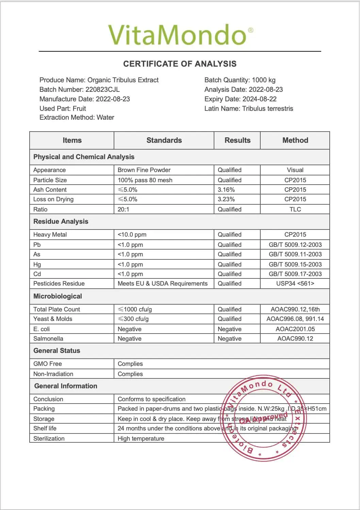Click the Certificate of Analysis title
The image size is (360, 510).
tap(180, 64)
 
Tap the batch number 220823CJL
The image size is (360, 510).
tap(102, 90)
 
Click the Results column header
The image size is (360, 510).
tap(237, 140)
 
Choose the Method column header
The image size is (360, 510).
tap(295, 140)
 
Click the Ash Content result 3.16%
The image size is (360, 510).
tap(226, 190)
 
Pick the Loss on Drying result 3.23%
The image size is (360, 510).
tap(226, 199)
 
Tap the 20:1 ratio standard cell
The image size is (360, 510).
tap(124, 209)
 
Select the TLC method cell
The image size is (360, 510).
tap(295, 209)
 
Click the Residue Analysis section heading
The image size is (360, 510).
tap(61, 222)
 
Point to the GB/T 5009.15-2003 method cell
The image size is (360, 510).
tap(295, 265)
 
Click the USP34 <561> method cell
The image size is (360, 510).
tap(295, 284)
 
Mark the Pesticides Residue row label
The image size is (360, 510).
tap(59, 284)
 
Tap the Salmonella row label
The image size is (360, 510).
tap(48, 339)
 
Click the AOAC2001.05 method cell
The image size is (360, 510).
tap(295, 329)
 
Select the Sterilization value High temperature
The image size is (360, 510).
tap(141, 439)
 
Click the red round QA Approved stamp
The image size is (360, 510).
tap(264, 418)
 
